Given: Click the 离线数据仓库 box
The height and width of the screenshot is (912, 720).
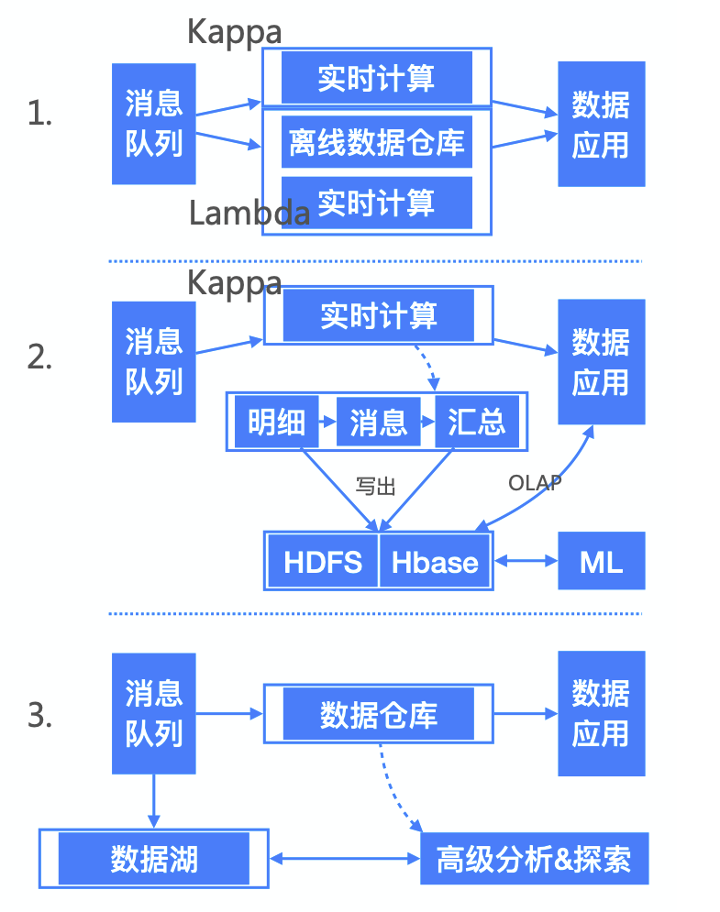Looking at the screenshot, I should pos(377,142).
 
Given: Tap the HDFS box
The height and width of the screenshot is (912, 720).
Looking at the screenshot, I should pos(323,561).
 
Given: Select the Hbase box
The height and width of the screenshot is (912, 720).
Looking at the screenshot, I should pos(435,561).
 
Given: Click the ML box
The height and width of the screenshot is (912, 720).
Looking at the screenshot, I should pos(601,561).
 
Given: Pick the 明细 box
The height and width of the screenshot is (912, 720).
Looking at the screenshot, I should pos(276,423).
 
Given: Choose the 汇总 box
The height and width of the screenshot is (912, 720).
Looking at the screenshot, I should pos(476,423).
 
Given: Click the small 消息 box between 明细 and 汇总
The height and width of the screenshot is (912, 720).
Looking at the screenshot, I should pos(378,423).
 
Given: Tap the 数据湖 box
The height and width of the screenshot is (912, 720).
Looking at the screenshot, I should pos(154,859).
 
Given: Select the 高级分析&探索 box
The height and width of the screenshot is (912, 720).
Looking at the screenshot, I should pos(534,859).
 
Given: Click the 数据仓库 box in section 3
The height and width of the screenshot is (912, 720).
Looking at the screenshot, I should pos(378,714).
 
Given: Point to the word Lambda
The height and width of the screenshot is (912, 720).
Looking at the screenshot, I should pos(249,213).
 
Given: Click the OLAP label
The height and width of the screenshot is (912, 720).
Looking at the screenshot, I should pos(535,482).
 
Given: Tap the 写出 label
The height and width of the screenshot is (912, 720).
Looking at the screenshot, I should pos(375,487).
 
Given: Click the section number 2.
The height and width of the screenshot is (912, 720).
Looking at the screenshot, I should pos(39,357).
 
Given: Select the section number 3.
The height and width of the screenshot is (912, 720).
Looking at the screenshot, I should pos(39,715).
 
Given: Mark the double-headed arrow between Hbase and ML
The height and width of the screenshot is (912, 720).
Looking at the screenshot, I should pos(526,561).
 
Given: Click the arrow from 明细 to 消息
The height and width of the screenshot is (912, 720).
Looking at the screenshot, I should pos(327,423).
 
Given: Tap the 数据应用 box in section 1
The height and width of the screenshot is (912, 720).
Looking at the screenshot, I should pos(601,124).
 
